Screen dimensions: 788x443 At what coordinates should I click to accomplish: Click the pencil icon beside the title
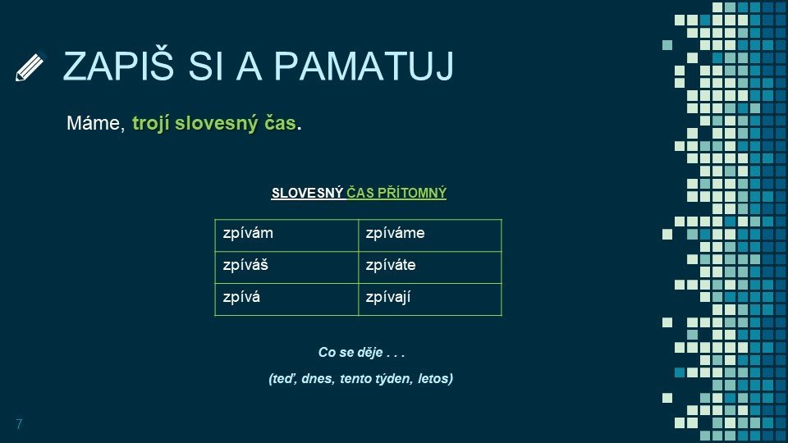[30, 66]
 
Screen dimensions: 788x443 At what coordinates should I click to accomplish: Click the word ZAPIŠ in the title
[118, 66]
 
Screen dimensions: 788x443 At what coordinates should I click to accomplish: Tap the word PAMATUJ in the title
[364, 66]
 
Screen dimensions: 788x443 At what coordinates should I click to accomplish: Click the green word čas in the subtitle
[280, 123]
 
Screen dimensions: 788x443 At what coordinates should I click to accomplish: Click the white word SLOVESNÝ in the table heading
[307, 193]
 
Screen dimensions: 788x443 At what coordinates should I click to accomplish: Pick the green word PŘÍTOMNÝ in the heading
[411, 193]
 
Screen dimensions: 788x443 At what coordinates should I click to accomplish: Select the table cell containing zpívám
[286, 235]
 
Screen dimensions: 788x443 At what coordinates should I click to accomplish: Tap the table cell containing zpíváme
[430, 235]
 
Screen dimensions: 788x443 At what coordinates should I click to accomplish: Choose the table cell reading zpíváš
[286, 267]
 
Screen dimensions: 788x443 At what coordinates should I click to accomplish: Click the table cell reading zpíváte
[430, 267]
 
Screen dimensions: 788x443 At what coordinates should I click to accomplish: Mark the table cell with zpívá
[286, 299]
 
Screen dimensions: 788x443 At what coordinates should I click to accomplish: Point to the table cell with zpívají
[430, 299]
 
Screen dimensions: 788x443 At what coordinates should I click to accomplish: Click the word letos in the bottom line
[435, 378]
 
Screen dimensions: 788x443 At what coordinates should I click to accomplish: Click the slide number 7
[19, 424]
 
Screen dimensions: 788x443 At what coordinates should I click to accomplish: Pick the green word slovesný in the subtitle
[216, 124]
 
